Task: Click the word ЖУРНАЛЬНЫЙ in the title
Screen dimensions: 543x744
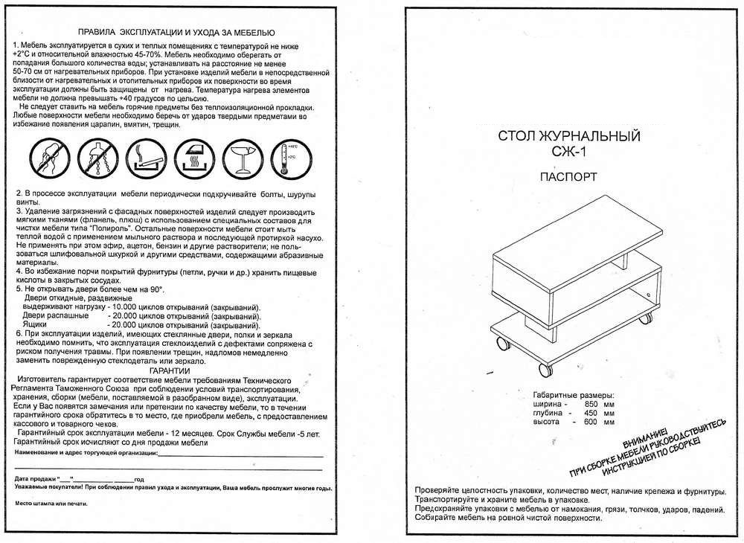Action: (x=596, y=138)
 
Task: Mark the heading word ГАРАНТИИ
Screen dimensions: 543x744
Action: (x=170, y=370)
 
